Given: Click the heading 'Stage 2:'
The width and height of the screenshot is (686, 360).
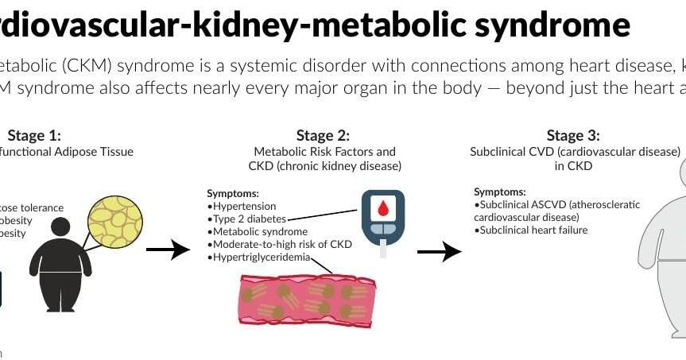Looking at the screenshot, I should point(323,136).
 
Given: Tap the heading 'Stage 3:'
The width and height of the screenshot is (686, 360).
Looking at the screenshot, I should point(573,136).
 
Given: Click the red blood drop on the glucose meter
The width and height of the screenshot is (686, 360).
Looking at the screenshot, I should point(382,209).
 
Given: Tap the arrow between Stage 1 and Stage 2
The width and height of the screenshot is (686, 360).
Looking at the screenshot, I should point(169,250).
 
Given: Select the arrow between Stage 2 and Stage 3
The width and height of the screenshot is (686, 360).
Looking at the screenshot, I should point(439,252).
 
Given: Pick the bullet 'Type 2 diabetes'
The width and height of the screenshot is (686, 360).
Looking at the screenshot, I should point(246,219).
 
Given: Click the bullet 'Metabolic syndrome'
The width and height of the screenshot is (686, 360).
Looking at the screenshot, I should point(257,231).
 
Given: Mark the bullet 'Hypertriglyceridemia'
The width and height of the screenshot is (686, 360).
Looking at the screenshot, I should point(259,257).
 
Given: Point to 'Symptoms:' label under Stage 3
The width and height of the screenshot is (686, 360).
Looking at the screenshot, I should point(499,192).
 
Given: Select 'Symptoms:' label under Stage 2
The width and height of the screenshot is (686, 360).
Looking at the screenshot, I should point(232,193).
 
